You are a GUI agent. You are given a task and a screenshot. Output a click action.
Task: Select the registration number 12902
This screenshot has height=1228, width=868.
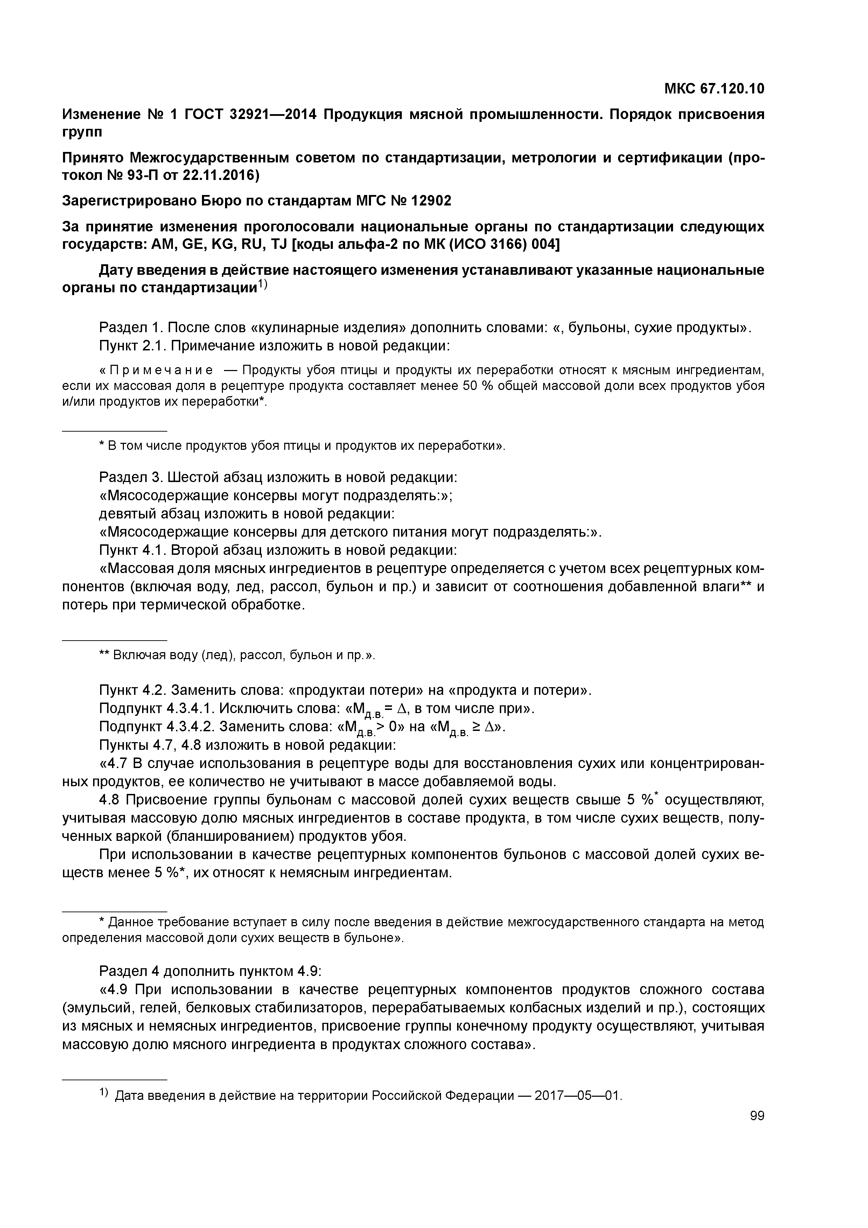(x=430, y=201)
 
